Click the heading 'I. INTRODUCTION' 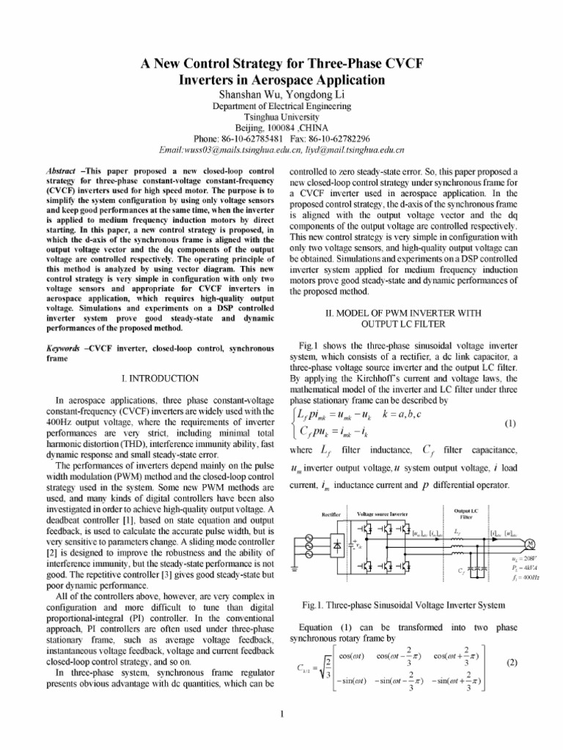pyautogui.click(x=159, y=379)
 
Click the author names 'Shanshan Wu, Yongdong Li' pyautogui.click(x=281, y=94)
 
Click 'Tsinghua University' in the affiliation pyautogui.click(x=281, y=116)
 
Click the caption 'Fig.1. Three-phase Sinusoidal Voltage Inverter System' pyautogui.click(x=403, y=605)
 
